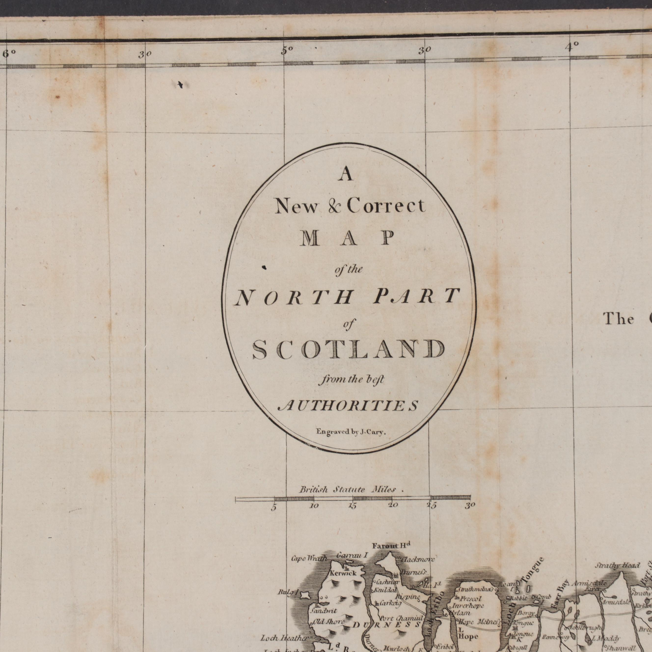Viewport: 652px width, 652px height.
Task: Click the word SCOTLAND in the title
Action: [348, 349]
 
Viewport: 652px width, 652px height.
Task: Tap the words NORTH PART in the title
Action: [348, 297]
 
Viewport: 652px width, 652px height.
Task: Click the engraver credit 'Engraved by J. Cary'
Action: [351, 432]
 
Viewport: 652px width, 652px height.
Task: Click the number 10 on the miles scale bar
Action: [314, 505]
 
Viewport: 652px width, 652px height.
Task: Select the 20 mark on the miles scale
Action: [393, 505]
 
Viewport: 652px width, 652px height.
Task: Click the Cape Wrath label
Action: [309, 558]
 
